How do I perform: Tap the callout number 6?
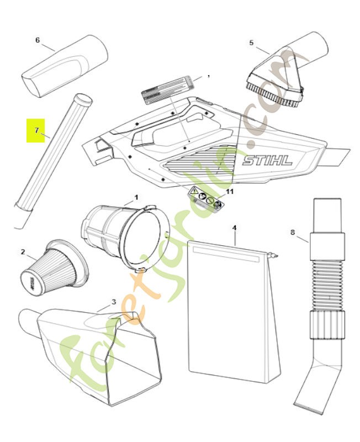click(37, 40)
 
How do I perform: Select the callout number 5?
click(251, 43)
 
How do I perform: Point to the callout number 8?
click(292, 233)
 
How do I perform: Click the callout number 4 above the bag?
click(234, 228)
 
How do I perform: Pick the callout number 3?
click(113, 302)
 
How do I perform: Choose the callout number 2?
click(23, 252)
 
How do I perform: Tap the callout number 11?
click(230, 191)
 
